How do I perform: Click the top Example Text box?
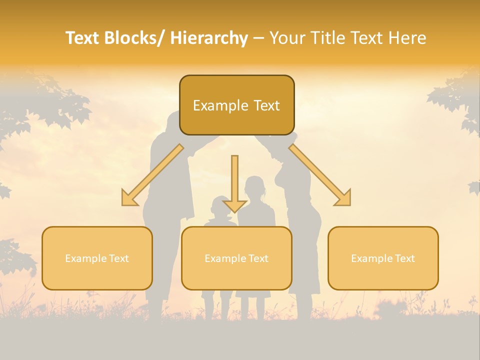click(236, 105)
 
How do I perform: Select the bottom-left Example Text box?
click(97, 258)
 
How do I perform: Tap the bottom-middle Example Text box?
click(236, 258)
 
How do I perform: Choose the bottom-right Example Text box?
click(383, 258)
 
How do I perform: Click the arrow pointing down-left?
click(152, 175)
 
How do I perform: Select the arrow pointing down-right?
click(320, 175)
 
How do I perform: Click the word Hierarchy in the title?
click(209, 38)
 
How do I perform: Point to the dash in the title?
click(258, 38)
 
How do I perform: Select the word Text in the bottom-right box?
click(404, 258)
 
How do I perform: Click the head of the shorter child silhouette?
click(220, 205)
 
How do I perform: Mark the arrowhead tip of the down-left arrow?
click(123, 205)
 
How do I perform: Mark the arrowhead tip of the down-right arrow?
click(350, 205)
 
